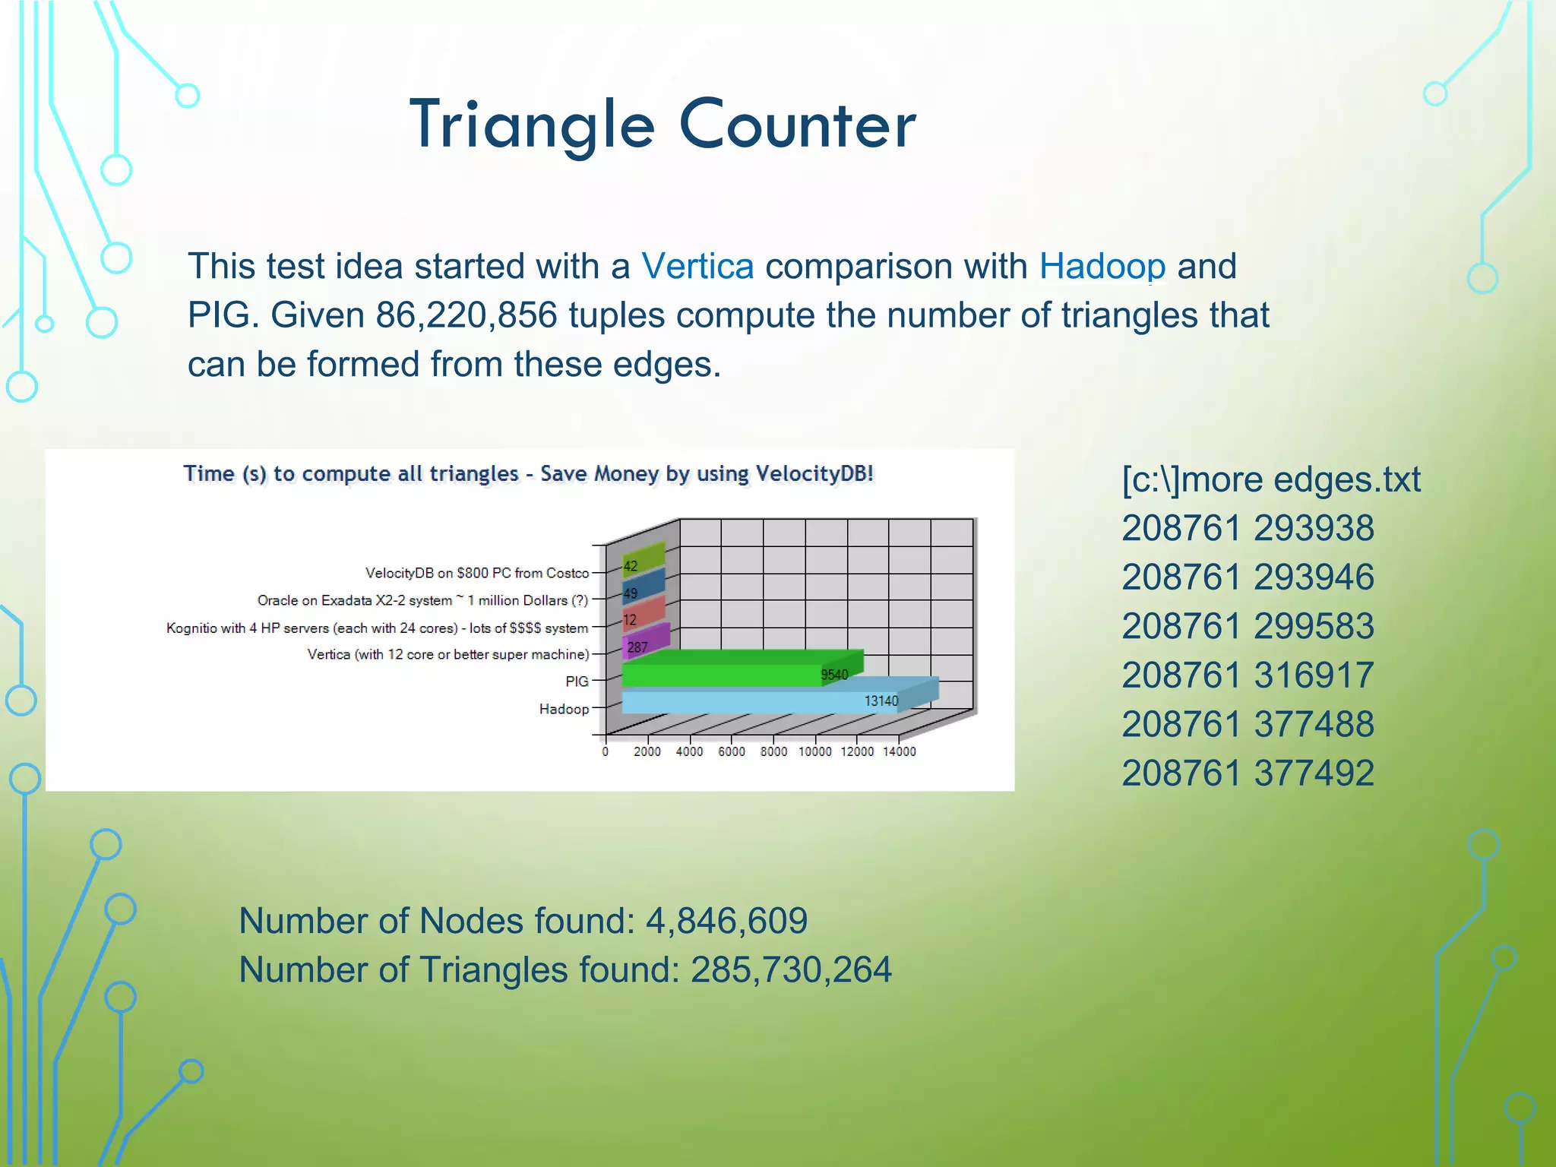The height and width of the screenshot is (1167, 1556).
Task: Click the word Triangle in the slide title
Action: coord(532,125)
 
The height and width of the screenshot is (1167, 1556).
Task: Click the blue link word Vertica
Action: coord(697,267)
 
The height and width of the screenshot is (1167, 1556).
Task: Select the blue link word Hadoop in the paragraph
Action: coord(1102,267)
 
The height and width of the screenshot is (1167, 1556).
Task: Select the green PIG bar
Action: coord(722,674)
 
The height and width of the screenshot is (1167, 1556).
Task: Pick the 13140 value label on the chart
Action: coord(881,701)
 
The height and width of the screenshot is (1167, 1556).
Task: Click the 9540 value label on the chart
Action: coord(833,675)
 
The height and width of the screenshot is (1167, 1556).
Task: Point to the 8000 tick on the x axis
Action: coord(773,751)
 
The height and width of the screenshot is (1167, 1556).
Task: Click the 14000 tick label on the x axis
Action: coord(899,751)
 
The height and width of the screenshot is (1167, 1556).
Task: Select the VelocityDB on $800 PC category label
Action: coord(476,573)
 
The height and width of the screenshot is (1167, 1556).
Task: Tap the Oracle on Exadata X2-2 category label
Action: coord(422,600)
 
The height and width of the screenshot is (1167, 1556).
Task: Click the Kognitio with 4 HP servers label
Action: coord(377,628)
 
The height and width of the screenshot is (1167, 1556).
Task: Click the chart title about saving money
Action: coord(528,473)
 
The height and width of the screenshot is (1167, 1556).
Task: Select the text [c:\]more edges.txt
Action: coord(1270,480)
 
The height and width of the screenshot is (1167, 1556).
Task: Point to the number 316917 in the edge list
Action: coord(1314,675)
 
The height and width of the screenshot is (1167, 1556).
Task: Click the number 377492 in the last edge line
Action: coord(1314,773)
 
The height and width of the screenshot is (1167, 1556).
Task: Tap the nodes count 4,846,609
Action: coord(726,921)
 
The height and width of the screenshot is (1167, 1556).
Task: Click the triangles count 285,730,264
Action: coord(791,970)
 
